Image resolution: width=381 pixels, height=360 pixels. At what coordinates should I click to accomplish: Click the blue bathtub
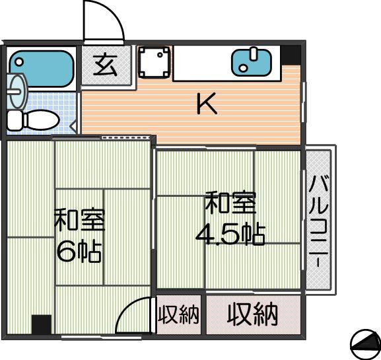42,69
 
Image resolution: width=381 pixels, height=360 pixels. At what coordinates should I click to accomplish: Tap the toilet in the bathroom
33,120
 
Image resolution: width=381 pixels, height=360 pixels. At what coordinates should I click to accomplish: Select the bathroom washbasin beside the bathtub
17,91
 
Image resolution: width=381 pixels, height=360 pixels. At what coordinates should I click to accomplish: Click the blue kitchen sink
251,63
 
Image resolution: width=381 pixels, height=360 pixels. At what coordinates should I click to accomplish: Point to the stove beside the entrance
154,62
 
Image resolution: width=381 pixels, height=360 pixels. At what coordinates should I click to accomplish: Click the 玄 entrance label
106,65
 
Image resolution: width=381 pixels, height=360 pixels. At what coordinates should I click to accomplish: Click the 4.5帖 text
230,234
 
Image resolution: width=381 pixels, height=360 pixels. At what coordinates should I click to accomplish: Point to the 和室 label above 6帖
80,219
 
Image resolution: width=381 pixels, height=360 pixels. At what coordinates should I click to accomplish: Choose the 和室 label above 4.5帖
231,202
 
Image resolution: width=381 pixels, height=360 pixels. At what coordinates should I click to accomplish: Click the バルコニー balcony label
318,221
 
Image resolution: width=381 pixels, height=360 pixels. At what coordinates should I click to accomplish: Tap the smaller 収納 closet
178,314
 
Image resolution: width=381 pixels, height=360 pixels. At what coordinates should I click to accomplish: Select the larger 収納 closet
253,314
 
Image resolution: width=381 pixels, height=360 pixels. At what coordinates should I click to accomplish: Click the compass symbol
365,344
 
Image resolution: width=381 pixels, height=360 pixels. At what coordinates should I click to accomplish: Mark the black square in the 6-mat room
42,324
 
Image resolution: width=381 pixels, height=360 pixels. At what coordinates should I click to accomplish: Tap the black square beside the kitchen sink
291,55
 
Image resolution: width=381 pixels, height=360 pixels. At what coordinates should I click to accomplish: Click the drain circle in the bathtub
19,61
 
